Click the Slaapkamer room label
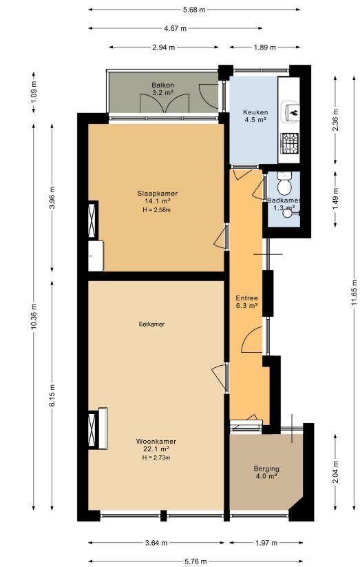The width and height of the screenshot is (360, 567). [157, 194]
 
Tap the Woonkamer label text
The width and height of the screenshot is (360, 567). [156, 442]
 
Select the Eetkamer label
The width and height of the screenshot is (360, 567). [151, 324]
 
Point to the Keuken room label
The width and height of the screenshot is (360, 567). [255, 112]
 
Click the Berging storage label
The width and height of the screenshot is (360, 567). [266, 468]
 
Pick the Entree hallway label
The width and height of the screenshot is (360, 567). [247, 298]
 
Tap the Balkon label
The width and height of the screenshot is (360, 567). [162, 85]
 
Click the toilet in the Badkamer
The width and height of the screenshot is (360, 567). [284, 183]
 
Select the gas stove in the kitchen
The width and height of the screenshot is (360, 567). [290, 143]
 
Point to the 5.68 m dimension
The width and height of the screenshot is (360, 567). [194, 10]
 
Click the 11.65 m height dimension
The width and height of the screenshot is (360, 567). [354, 293]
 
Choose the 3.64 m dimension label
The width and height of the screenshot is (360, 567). [156, 543]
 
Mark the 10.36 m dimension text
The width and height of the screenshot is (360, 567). [34, 317]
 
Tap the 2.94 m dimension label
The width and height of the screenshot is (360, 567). [164, 48]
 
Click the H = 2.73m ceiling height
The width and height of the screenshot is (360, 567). [156, 457]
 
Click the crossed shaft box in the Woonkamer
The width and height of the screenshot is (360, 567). [92, 429]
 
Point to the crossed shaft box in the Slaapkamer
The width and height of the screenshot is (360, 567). [92, 220]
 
